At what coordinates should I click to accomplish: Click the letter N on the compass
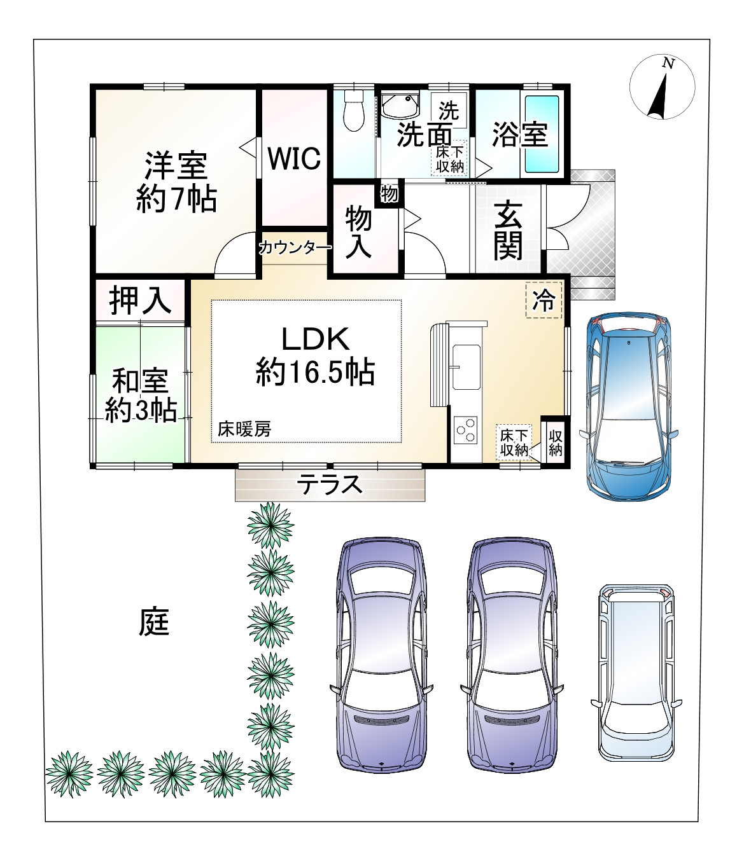(668, 64)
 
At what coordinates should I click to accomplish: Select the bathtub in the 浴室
(542, 134)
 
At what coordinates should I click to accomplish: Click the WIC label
(294, 158)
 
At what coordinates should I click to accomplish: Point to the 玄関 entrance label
(508, 230)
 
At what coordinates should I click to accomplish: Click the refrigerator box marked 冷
(544, 300)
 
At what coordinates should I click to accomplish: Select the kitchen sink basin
(466, 367)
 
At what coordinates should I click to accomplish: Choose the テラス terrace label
(329, 485)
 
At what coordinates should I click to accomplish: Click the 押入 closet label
(140, 300)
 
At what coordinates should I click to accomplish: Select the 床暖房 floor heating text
(244, 429)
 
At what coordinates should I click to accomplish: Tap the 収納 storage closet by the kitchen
(555, 443)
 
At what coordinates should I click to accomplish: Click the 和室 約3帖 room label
(141, 396)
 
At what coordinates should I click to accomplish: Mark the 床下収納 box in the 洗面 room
(450, 158)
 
